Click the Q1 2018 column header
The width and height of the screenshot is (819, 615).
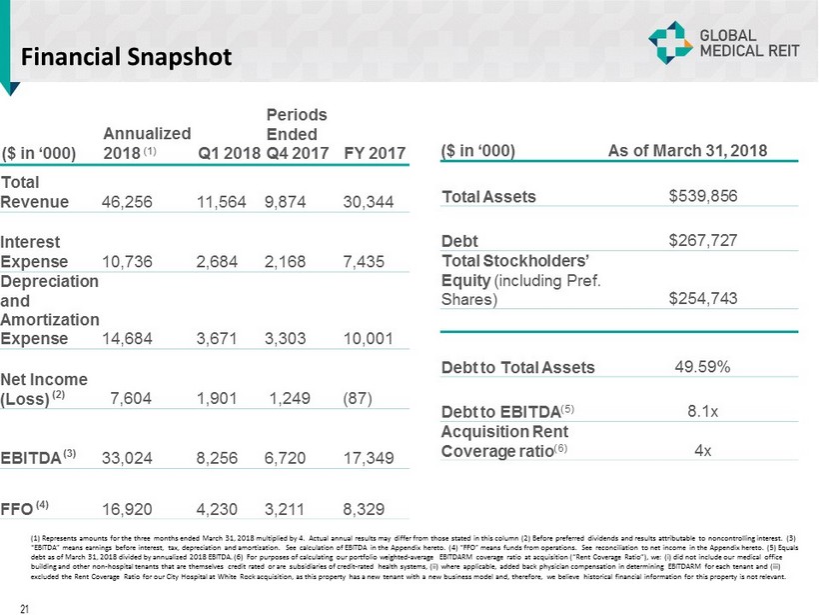click(x=229, y=153)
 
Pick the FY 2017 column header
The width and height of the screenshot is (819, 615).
click(x=374, y=153)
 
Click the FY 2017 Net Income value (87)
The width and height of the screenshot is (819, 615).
click(x=358, y=397)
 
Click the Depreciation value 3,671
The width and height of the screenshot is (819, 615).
click(x=219, y=338)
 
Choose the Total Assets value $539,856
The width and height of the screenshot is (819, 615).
click(x=702, y=196)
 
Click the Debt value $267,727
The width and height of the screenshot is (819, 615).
click(x=702, y=240)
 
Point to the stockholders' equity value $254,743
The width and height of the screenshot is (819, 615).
click(x=702, y=298)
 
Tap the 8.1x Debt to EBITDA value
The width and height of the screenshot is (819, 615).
click(x=702, y=409)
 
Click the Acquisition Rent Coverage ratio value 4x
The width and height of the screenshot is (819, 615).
click(x=702, y=450)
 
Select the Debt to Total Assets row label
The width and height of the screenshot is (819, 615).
click(x=517, y=367)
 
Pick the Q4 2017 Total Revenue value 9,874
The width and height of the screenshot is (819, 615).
click(x=287, y=201)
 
